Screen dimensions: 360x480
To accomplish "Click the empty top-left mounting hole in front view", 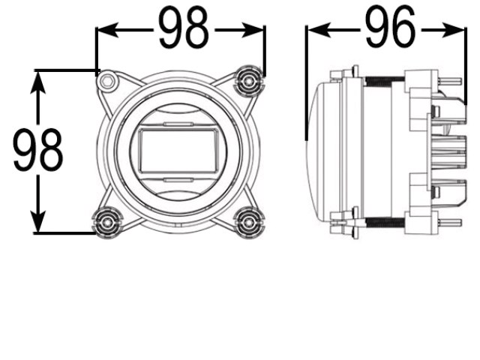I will [109, 80].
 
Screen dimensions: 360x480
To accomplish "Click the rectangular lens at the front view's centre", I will [178, 150].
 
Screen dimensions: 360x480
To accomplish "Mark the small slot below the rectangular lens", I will [178, 180].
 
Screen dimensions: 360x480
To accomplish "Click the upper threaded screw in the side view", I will [383, 79].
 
